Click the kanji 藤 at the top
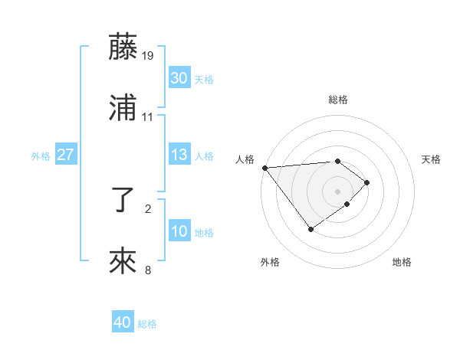point(124,47)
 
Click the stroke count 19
point(148,55)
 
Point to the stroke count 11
point(148,116)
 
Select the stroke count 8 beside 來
point(148,270)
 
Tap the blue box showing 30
point(179,78)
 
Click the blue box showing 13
point(179,155)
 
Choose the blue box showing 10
point(179,231)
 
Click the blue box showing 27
point(65,155)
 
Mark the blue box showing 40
point(123,323)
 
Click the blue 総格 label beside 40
point(147,324)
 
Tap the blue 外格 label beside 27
point(41,155)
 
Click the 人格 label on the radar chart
point(245,159)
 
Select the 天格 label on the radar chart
point(431,159)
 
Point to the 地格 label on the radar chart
point(402,262)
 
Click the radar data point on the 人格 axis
point(264,167)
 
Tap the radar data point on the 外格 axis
point(310,229)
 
